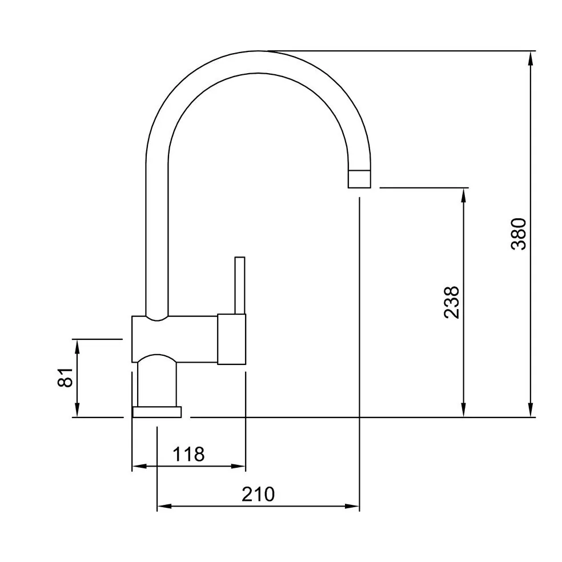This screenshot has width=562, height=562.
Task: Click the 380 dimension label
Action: click(519, 234)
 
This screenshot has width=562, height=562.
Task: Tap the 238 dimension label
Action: click(452, 302)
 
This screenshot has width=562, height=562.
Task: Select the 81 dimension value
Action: click(65, 378)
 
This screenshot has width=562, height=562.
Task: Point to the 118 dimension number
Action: click(188, 455)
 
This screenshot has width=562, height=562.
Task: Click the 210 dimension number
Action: click(258, 494)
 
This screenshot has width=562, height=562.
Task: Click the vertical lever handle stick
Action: click(240, 286)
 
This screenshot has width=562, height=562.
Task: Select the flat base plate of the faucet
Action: click(157, 412)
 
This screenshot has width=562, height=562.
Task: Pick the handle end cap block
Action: click(231, 339)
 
